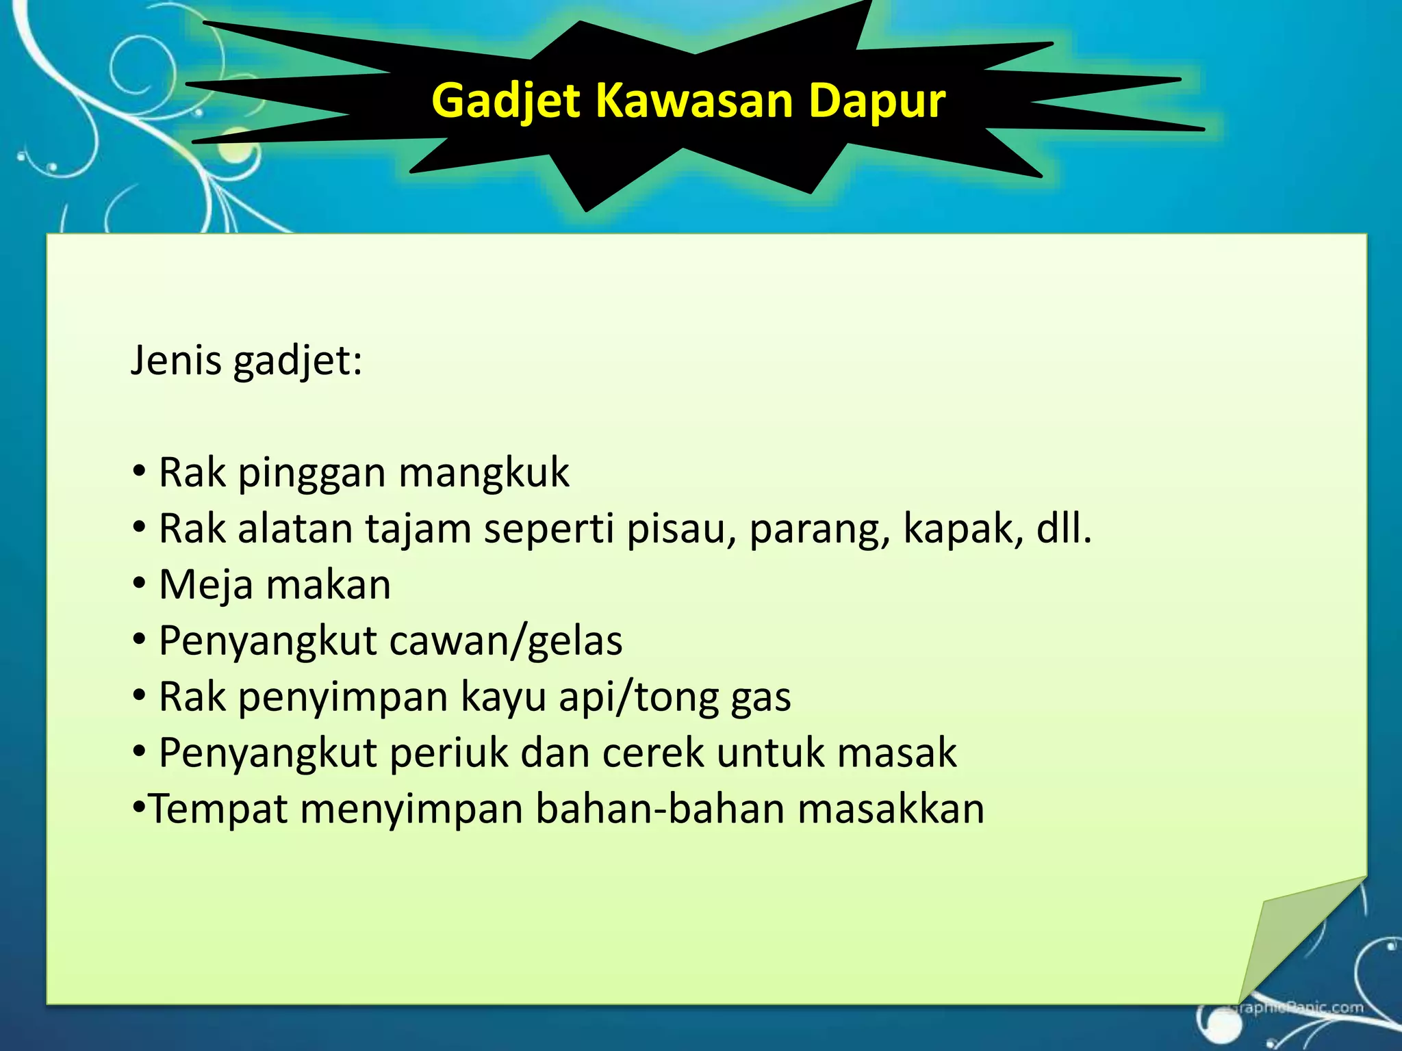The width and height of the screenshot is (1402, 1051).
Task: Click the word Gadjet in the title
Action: click(506, 101)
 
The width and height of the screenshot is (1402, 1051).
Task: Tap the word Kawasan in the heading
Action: click(694, 101)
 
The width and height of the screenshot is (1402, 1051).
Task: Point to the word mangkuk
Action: click(483, 473)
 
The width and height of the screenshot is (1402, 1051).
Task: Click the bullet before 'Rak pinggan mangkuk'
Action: click(140, 471)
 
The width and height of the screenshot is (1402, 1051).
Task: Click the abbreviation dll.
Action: click(1063, 529)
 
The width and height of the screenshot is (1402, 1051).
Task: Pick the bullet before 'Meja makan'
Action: click(140, 584)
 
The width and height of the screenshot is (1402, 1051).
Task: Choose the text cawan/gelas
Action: click(506, 641)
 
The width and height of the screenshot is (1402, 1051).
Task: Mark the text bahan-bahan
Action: click(660, 808)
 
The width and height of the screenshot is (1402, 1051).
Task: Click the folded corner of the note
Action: click(1287, 937)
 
